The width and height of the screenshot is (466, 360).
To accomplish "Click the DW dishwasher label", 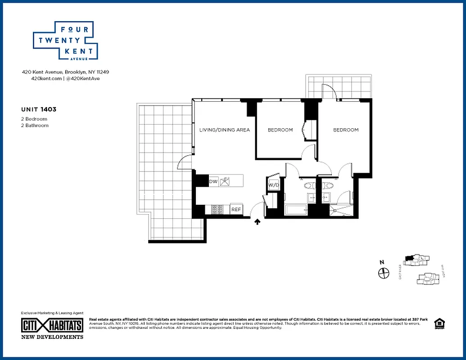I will (x=213, y=182).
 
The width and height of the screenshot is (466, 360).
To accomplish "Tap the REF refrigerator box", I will (x=236, y=210).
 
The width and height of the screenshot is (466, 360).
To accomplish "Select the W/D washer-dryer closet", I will (x=273, y=185).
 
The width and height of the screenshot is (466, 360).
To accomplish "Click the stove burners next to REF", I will (x=217, y=210).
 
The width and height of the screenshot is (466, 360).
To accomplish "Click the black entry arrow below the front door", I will (x=258, y=221).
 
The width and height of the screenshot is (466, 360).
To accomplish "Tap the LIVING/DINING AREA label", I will (x=224, y=130).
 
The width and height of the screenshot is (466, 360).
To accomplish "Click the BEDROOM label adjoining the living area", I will (x=280, y=130).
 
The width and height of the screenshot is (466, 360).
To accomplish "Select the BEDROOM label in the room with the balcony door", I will (x=345, y=130).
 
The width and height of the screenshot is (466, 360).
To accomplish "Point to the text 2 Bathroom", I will (x=35, y=126).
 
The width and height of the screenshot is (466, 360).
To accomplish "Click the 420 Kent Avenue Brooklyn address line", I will (x=65, y=72).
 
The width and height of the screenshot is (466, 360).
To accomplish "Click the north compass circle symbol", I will (x=383, y=273).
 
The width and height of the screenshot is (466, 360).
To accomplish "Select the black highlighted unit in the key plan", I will (x=409, y=258).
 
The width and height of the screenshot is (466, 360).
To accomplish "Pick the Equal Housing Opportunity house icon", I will (x=438, y=324).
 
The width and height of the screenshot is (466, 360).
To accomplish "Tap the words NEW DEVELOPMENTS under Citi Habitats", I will (x=52, y=337).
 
